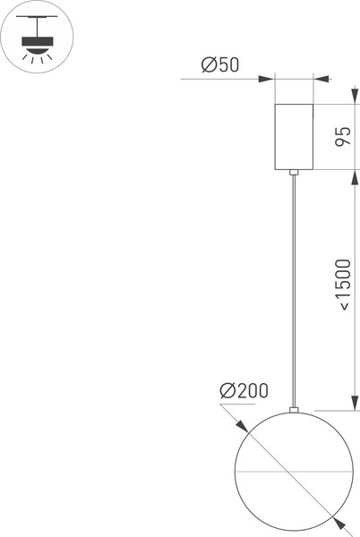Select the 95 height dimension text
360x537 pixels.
341,137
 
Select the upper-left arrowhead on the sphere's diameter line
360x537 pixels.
241,424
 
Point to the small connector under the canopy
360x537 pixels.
293,171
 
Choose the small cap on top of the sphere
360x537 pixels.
293,411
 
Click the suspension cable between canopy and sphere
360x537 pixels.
293,286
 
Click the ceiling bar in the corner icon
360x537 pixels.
36,22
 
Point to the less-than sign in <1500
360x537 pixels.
341,307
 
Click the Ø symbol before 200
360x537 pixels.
227,390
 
